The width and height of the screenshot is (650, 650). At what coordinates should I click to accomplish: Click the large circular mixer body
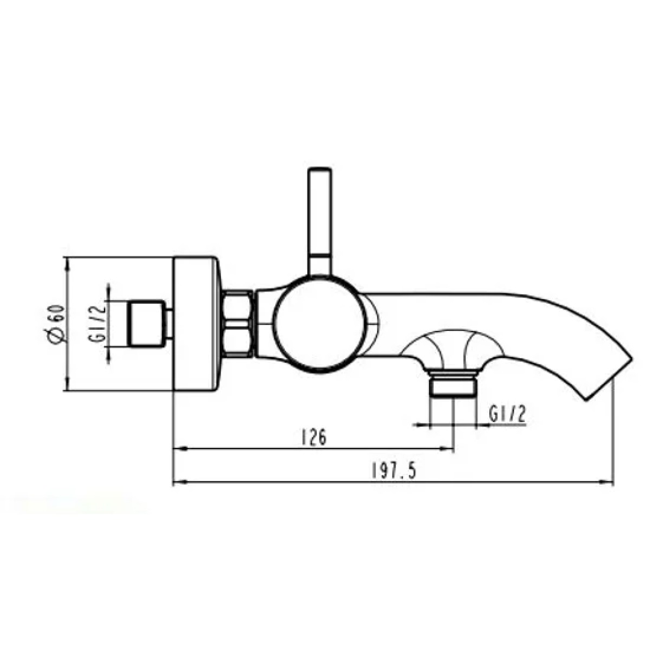[x=319, y=325]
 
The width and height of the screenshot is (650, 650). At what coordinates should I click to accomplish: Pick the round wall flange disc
[x=198, y=324]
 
